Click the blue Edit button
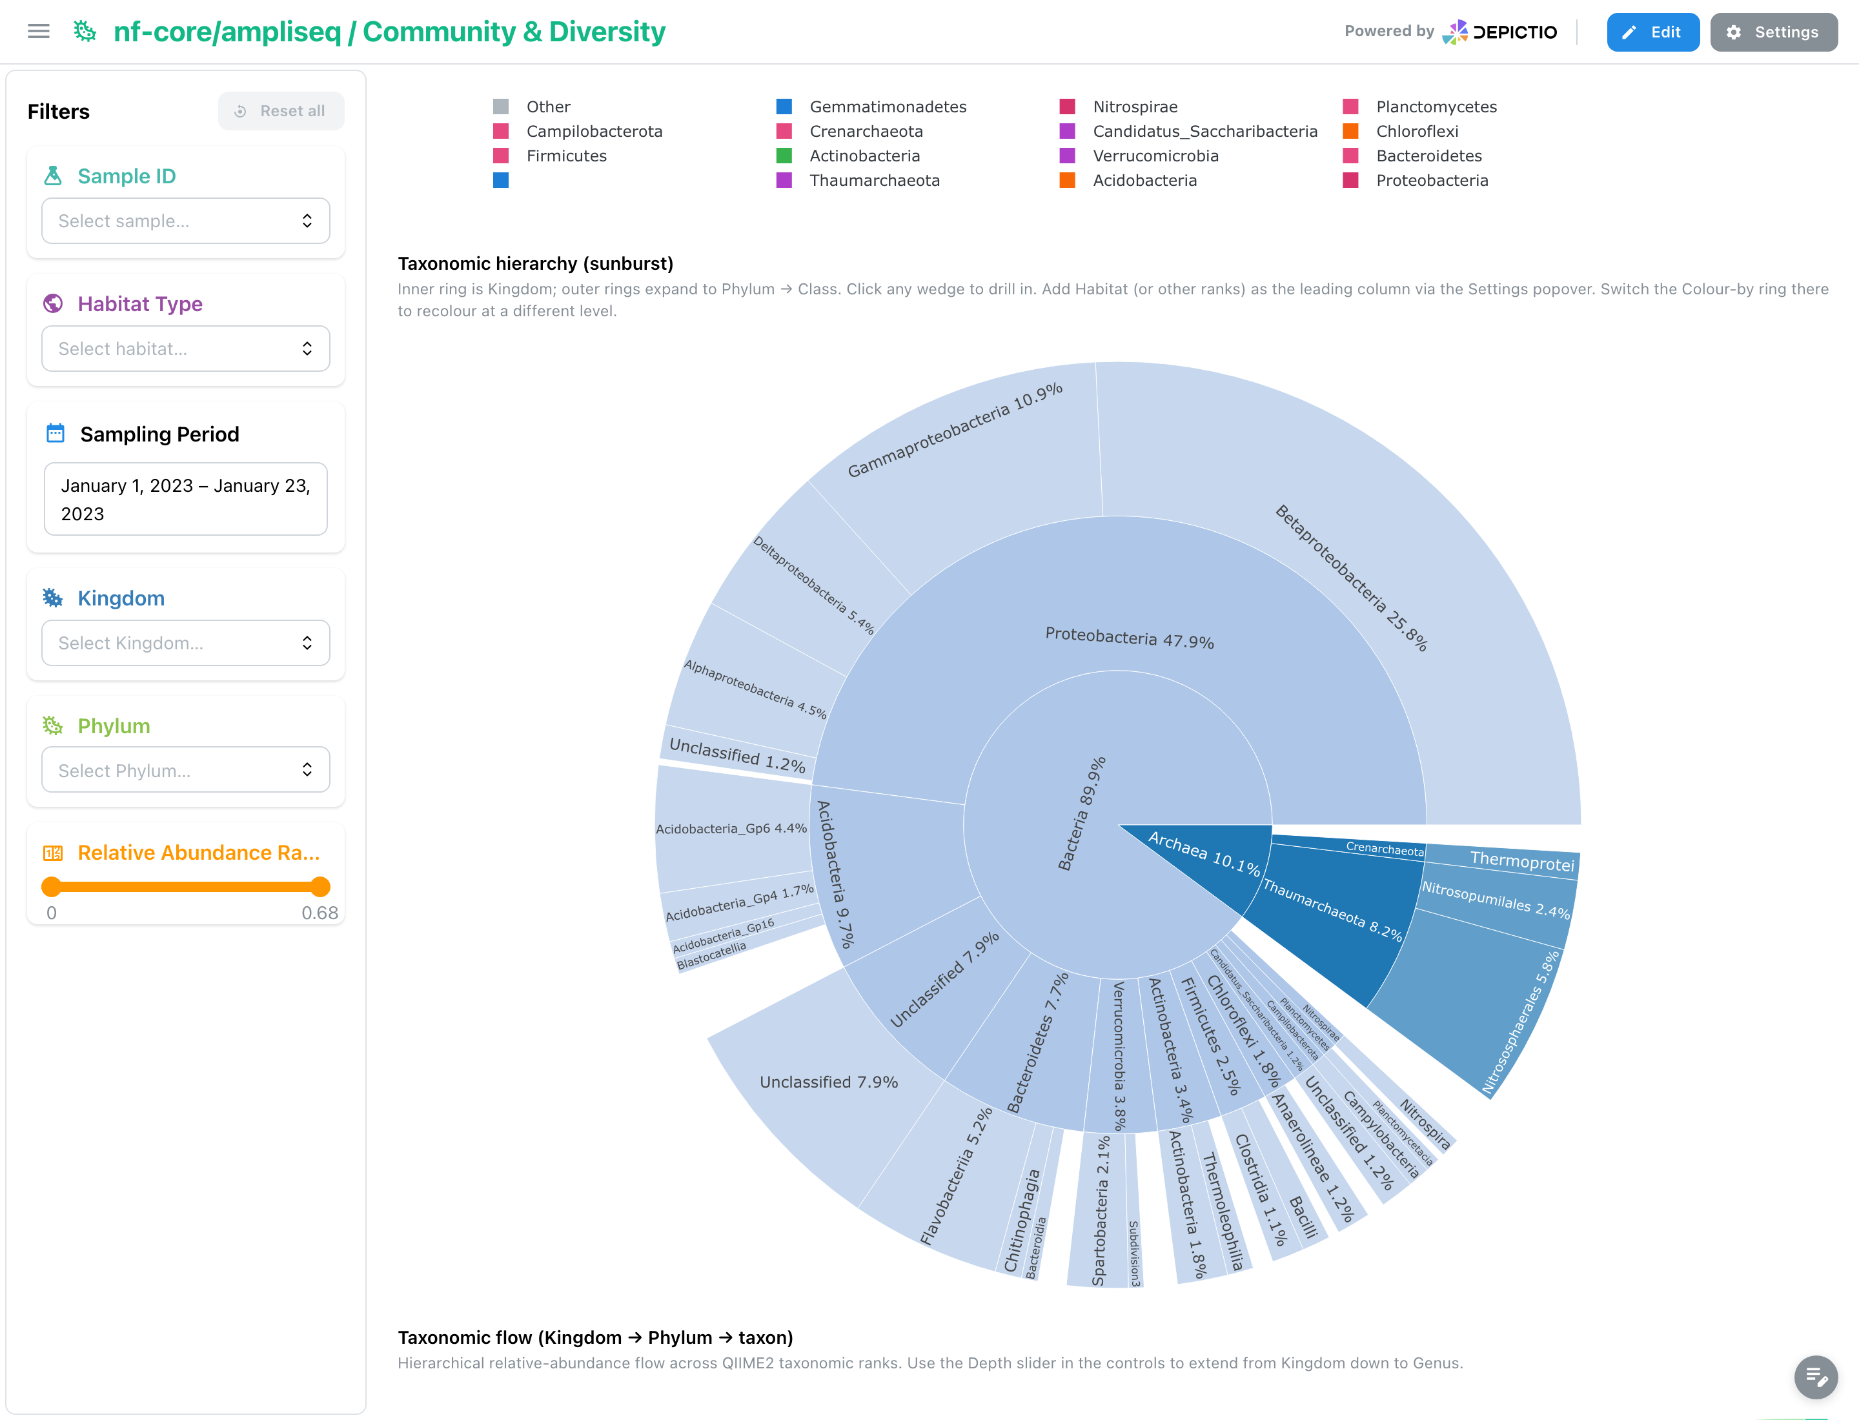1652,32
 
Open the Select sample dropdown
185,221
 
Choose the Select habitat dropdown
185,349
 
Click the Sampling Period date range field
185,499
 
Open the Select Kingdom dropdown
185,644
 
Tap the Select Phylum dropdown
185,770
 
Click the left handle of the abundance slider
52,887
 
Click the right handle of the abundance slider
320,887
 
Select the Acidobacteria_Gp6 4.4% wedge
731,828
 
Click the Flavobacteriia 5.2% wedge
955,1175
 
